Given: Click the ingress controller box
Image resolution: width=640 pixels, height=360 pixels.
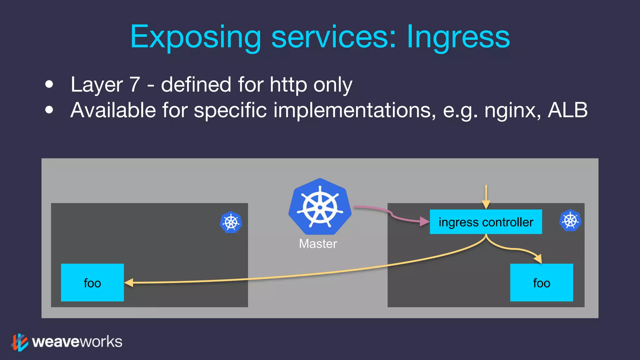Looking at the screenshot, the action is coord(486,222).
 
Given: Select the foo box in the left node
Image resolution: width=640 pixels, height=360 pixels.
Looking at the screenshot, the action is coord(92,282).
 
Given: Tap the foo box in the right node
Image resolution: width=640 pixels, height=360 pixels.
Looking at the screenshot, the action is coord(541,282).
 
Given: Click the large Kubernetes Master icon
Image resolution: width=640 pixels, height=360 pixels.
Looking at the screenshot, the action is coord(320,207).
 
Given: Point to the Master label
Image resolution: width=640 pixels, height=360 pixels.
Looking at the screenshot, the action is coord(318,244).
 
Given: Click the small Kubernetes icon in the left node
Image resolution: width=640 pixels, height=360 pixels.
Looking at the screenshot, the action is coord(231,222).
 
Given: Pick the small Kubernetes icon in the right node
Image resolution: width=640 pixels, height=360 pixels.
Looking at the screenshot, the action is coord(570,220).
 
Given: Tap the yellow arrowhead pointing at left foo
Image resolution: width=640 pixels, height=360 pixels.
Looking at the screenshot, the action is coord(129,283).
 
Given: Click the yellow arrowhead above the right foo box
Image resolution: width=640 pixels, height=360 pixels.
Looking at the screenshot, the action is coord(538,259).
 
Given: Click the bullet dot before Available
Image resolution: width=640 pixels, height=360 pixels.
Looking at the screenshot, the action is coord(49,110).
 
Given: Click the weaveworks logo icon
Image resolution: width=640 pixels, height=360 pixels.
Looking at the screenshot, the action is coord(19,342).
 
